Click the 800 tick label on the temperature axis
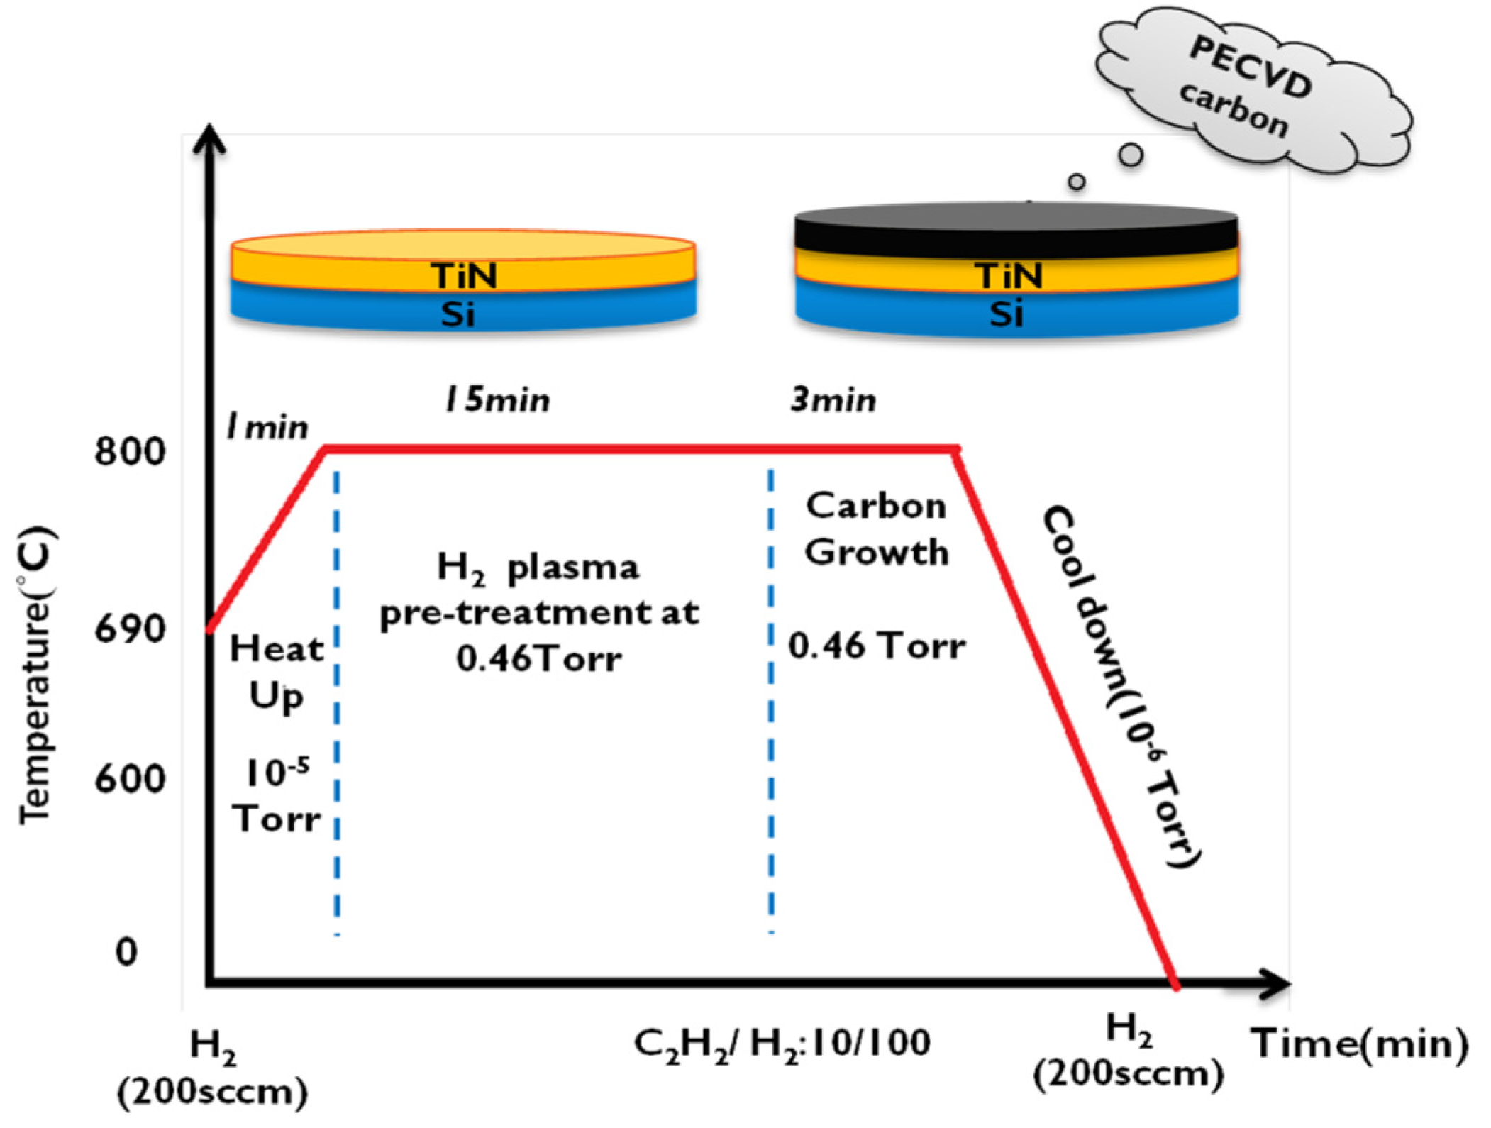pos(130,451)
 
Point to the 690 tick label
pos(130,629)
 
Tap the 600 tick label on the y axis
pos(130,779)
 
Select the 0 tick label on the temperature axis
pos(126,952)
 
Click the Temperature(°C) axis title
pos(35,674)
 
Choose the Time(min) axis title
pos(1359,1044)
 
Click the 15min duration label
pos(497,400)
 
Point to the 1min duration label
pos(267,427)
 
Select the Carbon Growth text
pos(876,529)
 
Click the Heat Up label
pos(277,671)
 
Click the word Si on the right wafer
pos(1007,313)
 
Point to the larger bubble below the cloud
pos(1131,154)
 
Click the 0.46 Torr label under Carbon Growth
pos(877,646)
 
